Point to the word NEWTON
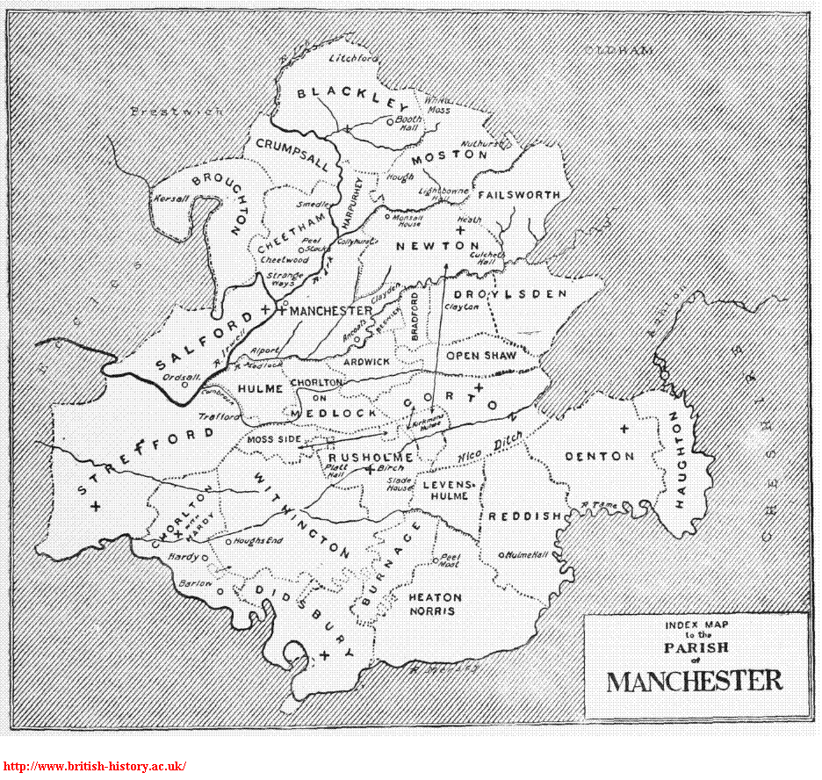(x=437, y=245)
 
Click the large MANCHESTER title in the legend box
(x=695, y=681)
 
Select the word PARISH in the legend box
(x=696, y=647)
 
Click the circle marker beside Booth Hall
(x=389, y=122)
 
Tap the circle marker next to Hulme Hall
(x=501, y=555)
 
